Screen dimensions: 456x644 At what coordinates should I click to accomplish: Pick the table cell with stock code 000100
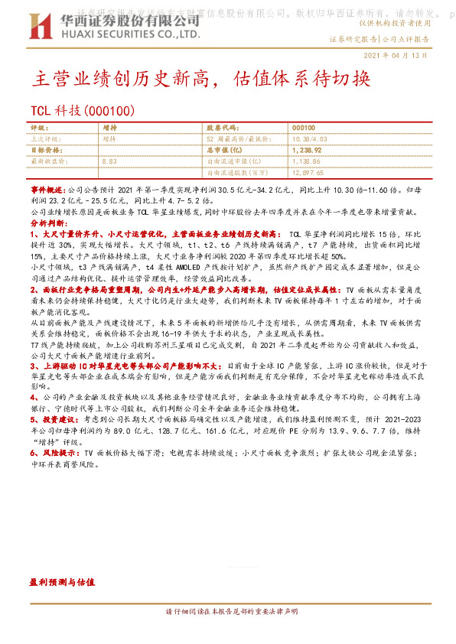[303, 127]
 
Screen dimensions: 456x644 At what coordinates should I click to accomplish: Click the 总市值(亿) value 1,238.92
[307, 151]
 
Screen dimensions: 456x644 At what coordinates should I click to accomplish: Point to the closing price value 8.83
[109, 162]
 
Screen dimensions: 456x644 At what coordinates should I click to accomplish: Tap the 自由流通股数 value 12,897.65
[308, 174]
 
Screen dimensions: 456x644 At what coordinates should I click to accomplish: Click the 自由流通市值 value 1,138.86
[306, 162]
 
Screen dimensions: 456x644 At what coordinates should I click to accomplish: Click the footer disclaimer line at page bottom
[227, 613]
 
